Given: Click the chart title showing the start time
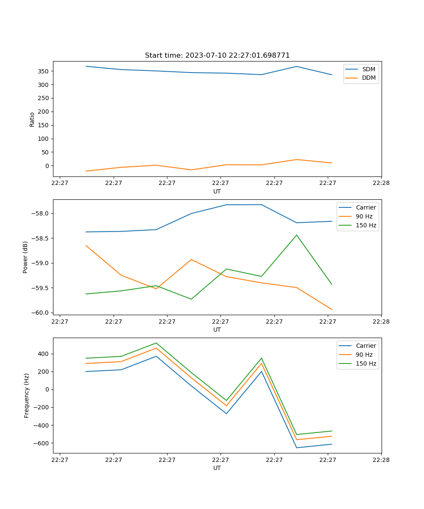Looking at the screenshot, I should (x=217, y=56).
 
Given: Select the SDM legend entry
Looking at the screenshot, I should (x=368, y=69).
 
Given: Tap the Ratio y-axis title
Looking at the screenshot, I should (x=32, y=119).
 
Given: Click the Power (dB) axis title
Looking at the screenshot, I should (x=25, y=257).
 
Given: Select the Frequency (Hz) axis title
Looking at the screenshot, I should (x=26, y=395).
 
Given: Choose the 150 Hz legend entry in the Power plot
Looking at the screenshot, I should (x=366, y=225).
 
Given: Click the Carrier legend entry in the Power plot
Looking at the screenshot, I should (x=365, y=207).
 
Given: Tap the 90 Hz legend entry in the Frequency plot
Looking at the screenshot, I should (x=364, y=355).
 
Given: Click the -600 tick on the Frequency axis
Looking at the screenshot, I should (x=42, y=443).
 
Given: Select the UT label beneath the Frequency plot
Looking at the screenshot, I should (x=217, y=468).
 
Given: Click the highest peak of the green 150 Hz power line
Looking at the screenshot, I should (x=296, y=235).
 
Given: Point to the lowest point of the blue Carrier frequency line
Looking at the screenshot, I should (x=296, y=448).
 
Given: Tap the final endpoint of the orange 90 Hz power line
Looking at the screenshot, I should (x=332, y=310).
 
